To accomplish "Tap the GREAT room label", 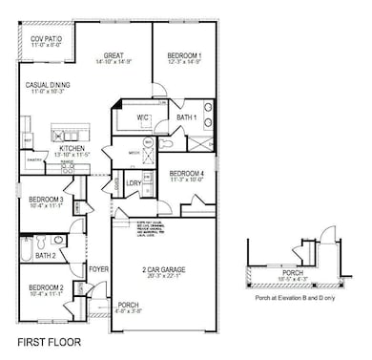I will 114,54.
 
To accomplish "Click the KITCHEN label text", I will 73,148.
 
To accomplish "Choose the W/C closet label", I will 144,117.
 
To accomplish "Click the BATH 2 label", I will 45,256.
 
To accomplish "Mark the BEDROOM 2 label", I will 45,287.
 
